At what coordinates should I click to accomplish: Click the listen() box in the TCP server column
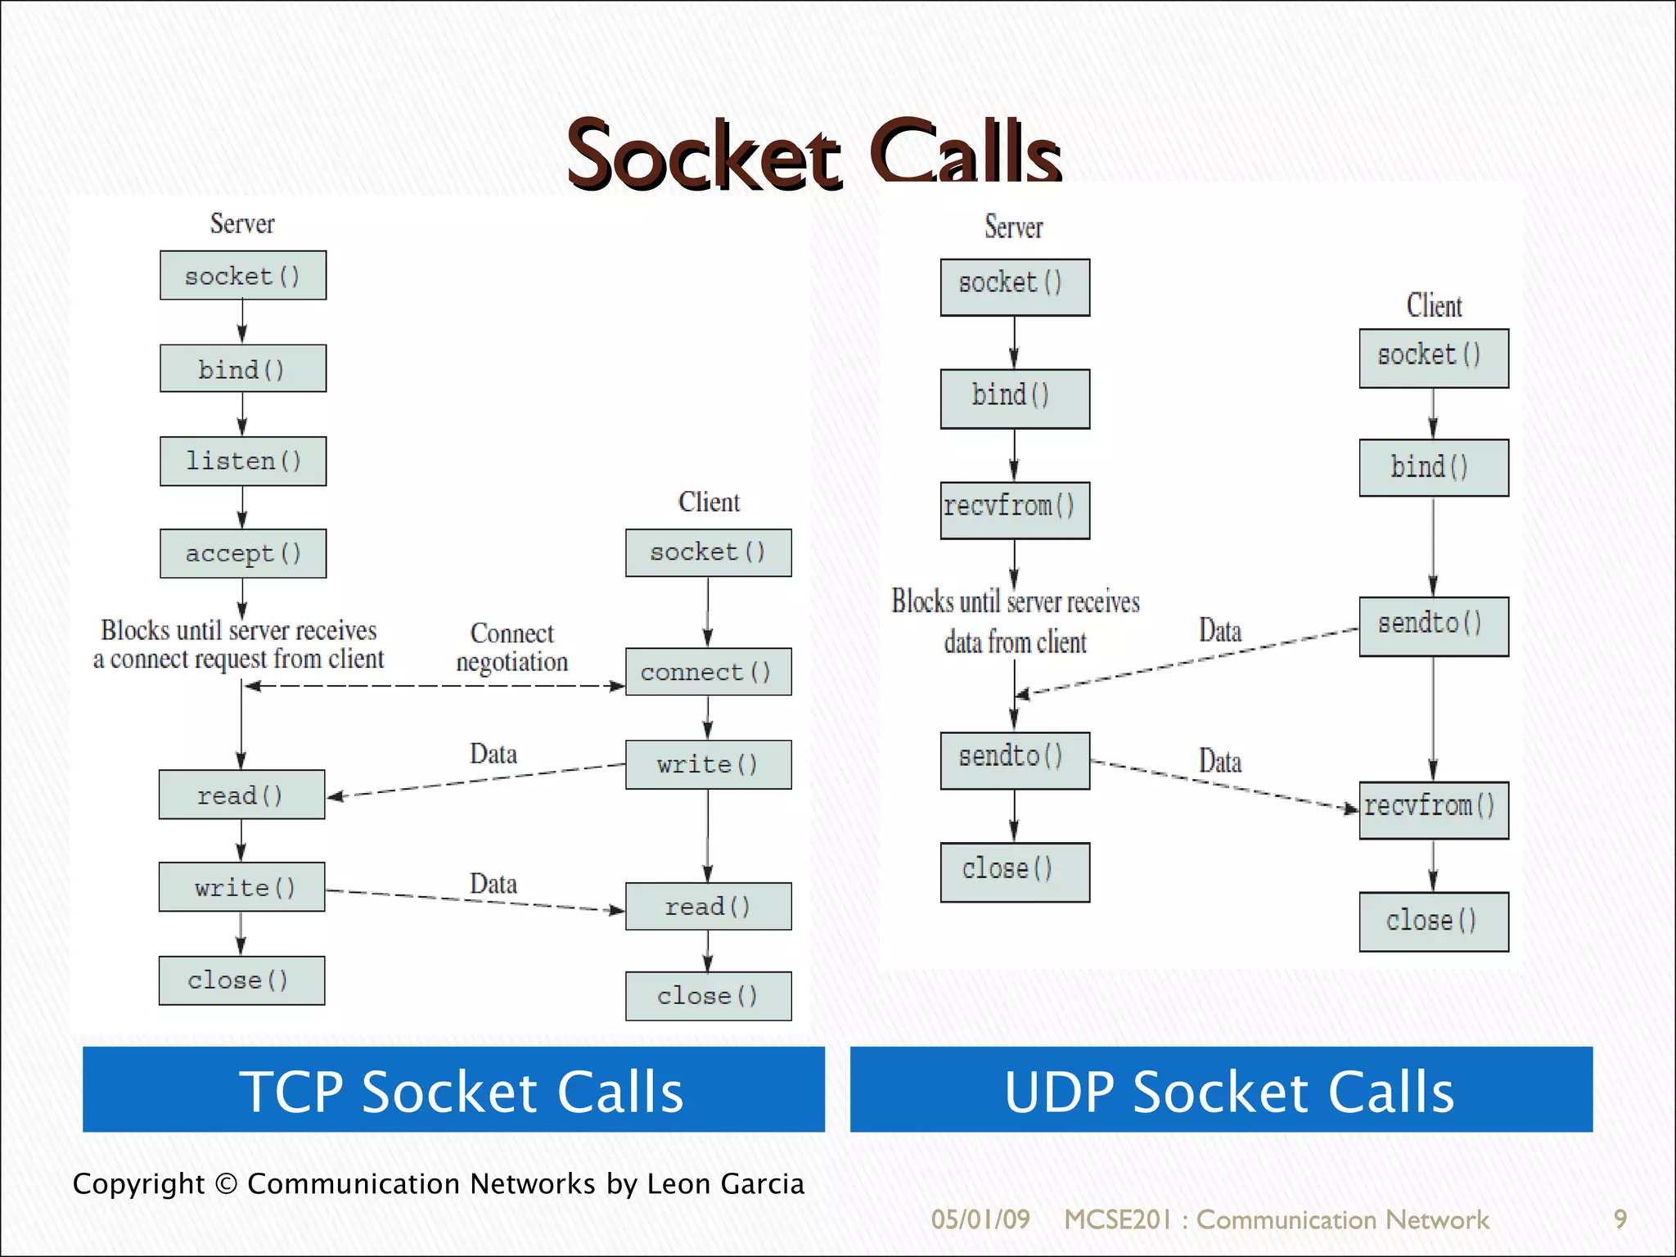tap(243, 462)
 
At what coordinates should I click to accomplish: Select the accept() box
tap(243, 554)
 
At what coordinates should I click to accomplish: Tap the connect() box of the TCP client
tap(708, 672)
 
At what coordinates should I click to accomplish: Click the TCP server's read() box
tap(241, 795)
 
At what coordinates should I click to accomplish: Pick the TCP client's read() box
tap(708, 907)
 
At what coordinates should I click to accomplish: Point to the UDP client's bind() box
tap(1434, 468)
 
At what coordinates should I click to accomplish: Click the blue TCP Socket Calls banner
tap(453, 1089)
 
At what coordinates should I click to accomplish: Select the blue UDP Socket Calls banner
tap(1221, 1089)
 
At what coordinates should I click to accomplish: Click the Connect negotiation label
tap(512, 647)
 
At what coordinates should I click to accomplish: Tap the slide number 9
tap(1620, 1219)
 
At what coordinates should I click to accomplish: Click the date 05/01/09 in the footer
tap(980, 1219)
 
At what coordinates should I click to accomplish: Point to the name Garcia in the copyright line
tap(762, 1184)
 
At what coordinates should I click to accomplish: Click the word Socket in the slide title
tap(704, 155)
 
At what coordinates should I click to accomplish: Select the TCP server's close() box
tap(241, 980)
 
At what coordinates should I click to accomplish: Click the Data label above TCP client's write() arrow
tap(493, 754)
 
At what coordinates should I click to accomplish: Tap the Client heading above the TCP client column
tap(709, 502)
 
